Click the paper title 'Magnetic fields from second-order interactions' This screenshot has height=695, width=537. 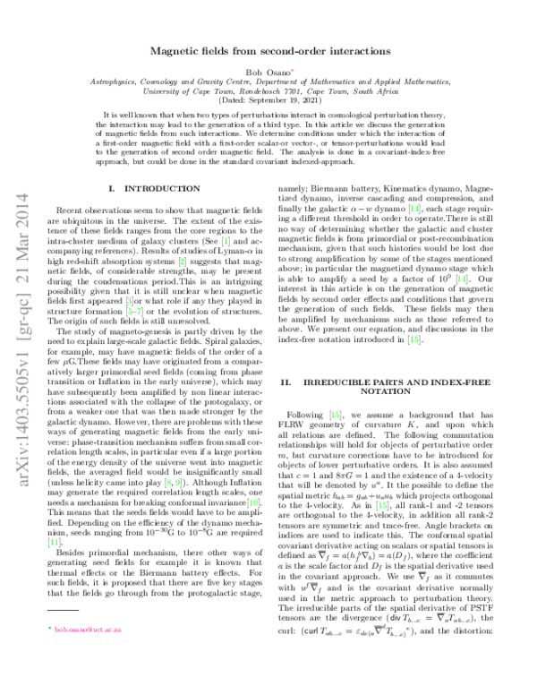pos(268,53)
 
